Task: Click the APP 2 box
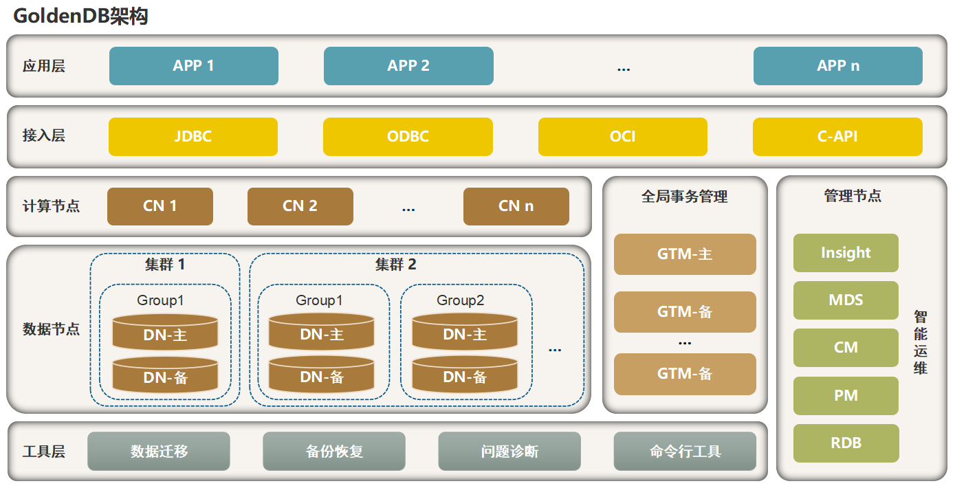click(408, 66)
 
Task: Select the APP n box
click(837, 66)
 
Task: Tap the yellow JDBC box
click(193, 136)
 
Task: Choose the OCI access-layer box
click(622, 136)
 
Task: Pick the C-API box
click(837, 136)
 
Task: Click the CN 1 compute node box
click(160, 206)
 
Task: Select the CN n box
click(516, 206)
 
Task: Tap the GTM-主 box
click(685, 254)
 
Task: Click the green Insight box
click(846, 253)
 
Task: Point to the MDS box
click(846, 300)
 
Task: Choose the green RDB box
click(846, 443)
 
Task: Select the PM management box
click(846, 396)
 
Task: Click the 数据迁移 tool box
click(159, 451)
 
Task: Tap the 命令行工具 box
click(685, 451)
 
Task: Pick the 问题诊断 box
click(509, 451)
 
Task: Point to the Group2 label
click(460, 300)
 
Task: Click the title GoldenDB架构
click(80, 16)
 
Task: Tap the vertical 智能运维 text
click(921, 342)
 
